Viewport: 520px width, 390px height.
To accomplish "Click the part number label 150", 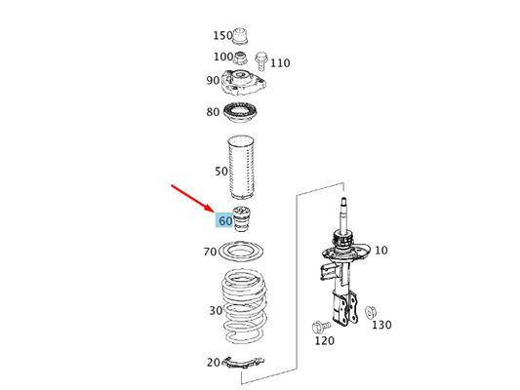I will click(223, 36).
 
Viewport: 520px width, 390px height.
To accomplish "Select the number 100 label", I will click(223, 58).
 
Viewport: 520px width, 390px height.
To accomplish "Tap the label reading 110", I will click(280, 63).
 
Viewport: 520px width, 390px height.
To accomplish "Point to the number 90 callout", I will click(213, 81).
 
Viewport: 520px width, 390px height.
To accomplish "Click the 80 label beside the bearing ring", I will click(213, 112).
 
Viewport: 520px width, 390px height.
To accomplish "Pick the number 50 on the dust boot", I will click(222, 172).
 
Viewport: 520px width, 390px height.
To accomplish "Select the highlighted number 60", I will click(225, 221).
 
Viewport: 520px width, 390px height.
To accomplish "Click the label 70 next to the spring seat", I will click(210, 253).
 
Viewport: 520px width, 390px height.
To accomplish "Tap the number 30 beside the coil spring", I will click(215, 311).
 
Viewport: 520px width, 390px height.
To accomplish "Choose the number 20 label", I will click(213, 363).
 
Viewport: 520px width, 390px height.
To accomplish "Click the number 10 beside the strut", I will click(380, 251).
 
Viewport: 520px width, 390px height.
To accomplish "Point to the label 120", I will click(323, 341).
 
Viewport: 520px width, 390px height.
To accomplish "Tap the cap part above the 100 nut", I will click(244, 35).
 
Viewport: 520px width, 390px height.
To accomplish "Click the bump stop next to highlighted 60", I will click(244, 219).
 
